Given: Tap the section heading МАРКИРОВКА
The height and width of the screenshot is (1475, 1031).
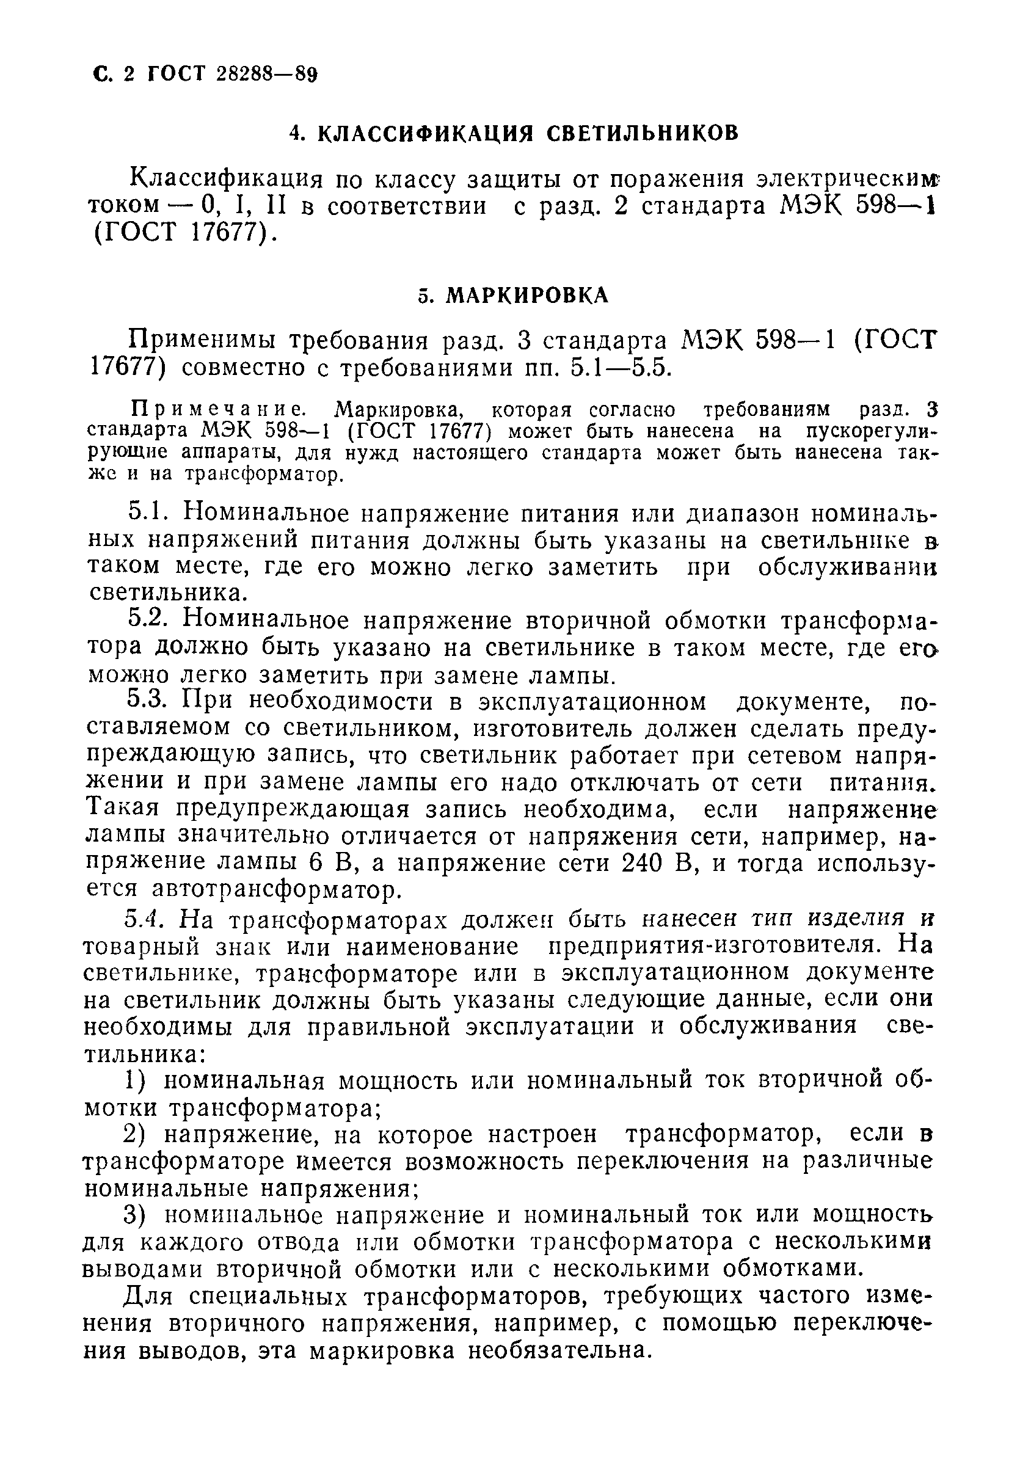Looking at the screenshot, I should pos(526,295).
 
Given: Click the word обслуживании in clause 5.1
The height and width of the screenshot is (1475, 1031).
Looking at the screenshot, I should pos(846,567).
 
